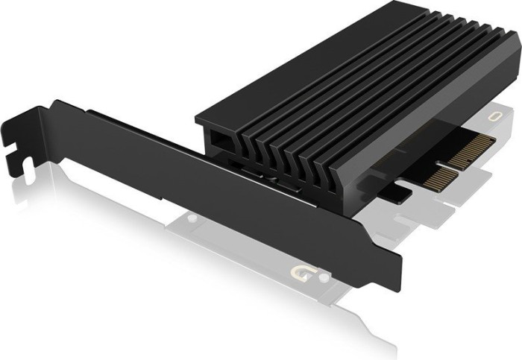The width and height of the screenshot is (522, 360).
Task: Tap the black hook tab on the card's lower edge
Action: pos(400,193)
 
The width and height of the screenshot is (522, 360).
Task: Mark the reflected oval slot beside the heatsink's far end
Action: pos(497,117)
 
